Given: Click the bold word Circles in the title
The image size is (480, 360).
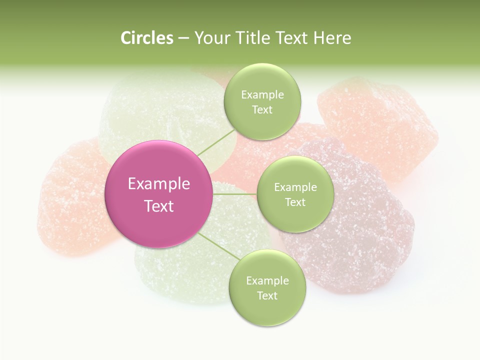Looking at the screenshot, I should point(146,38).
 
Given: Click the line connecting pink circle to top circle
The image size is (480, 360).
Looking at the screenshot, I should point(216,142).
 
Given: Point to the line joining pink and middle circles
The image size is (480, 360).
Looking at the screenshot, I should point(234,194).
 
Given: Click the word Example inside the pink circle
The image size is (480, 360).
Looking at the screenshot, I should point(159,184).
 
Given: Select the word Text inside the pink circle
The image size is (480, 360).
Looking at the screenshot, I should point(159,206).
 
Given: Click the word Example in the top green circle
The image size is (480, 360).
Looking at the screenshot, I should point(262,95).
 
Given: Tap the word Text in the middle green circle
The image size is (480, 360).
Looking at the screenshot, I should point(295,202).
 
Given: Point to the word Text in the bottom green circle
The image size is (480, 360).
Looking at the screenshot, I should point(267,295).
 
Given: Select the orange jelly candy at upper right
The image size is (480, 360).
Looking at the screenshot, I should point(380,125).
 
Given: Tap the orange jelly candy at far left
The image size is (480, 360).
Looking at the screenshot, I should point(70,200).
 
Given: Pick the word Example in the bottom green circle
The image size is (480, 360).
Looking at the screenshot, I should point(267,280).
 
